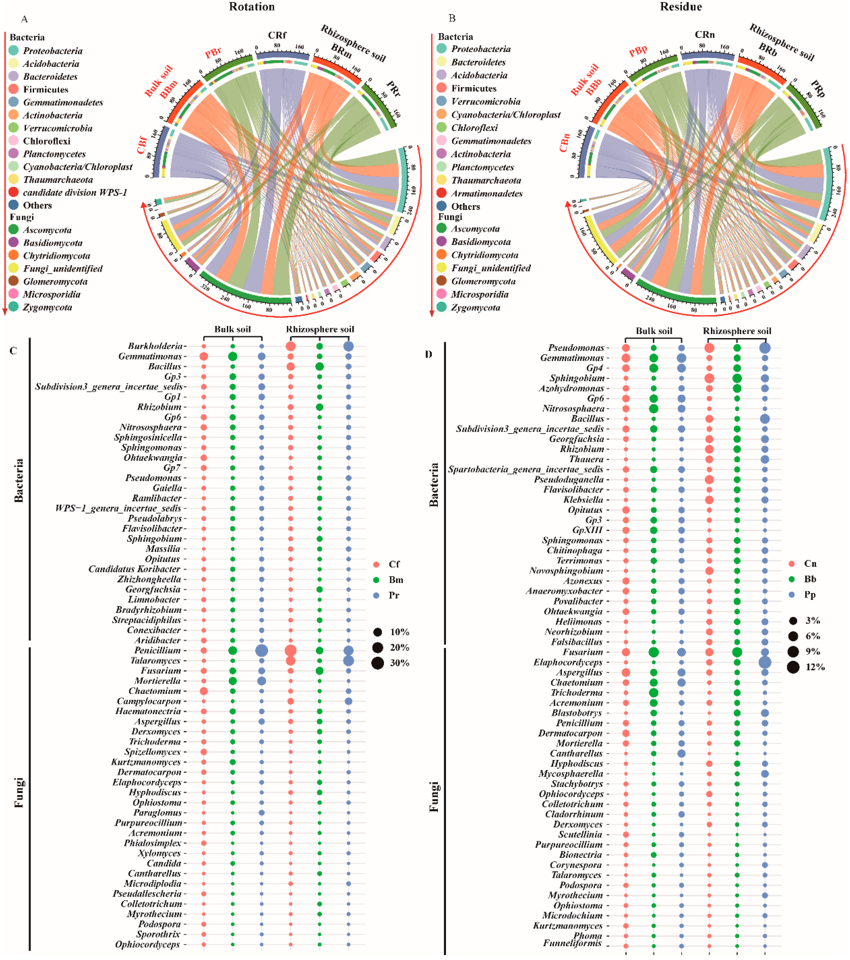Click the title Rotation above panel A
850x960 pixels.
[x=252, y=7]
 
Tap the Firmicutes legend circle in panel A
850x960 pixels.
[x=14, y=89]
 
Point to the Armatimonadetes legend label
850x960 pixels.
[x=487, y=194]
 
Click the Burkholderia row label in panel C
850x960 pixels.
[x=155, y=346]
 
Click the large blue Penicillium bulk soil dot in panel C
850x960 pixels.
[x=262, y=650]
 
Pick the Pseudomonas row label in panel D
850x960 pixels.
[x=576, y=348]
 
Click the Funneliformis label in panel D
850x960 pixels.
[x=572, y=943]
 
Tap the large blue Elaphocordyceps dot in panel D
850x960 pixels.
[x=764, y=662]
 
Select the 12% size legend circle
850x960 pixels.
[x=793, y=667]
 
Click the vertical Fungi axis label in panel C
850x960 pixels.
[x=19, y=793]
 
